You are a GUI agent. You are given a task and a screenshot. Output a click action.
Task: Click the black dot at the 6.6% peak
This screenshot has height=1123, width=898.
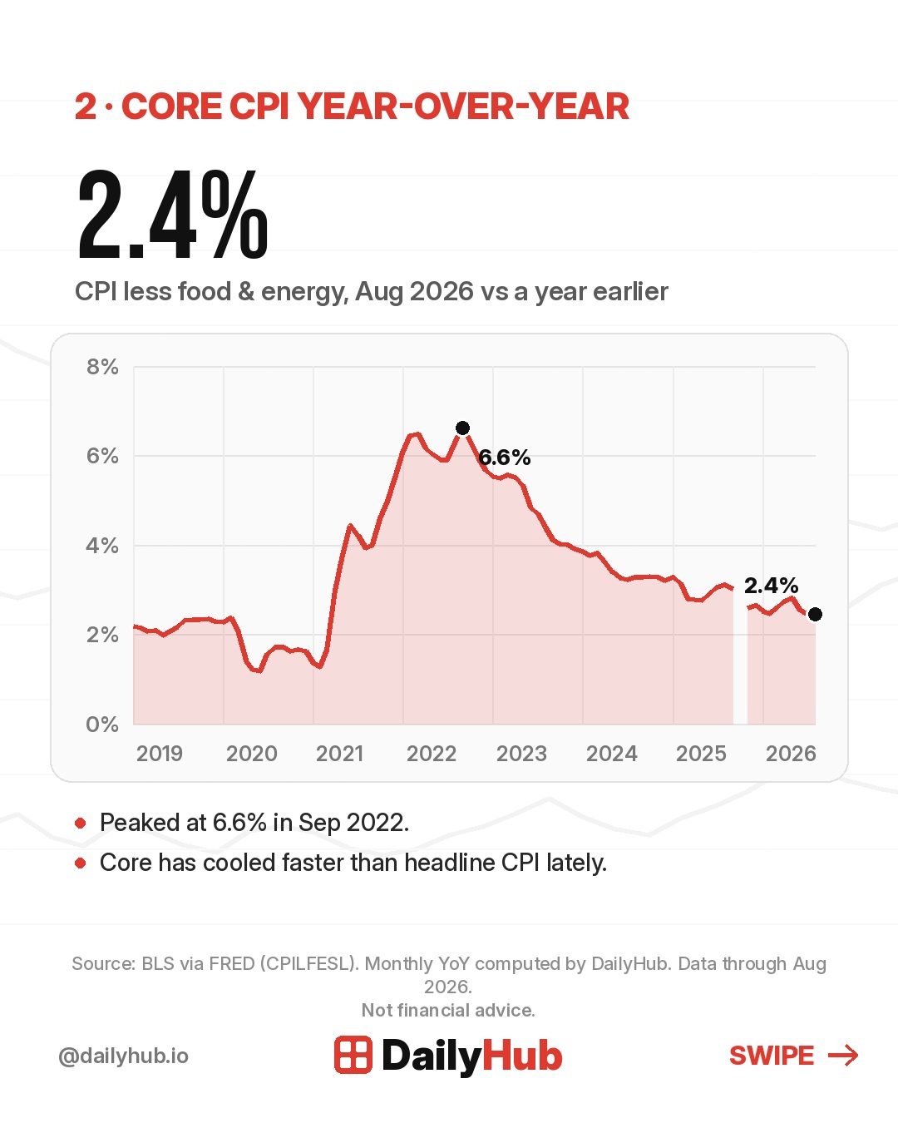[x=462, y=428]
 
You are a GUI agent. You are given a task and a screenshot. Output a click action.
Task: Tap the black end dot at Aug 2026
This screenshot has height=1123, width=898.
[x=815, y=614]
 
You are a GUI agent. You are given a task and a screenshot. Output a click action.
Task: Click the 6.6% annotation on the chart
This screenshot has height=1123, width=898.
[x=504, y=458]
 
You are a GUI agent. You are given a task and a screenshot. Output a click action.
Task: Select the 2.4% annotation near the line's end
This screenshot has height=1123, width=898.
[x=771, y=585]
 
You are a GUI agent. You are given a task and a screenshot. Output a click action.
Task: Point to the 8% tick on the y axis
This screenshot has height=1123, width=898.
[x=102, y=367]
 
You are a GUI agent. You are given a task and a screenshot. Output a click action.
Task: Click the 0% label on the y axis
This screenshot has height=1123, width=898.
[x=102, y=725]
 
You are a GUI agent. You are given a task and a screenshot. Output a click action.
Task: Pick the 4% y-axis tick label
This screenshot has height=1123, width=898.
[x=102, y=546]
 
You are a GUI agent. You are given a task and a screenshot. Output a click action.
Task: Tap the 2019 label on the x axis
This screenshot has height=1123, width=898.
[x=159, y=754]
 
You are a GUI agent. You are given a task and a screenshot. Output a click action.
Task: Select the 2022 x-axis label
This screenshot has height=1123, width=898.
[x=432, y=754]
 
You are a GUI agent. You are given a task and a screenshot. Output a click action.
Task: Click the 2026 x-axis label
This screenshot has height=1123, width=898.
[x=791, y=754]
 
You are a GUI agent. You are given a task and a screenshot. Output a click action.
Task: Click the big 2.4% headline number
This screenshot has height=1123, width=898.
[x=173, y=215]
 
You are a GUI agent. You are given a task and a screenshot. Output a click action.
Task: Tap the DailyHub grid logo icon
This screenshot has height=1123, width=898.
[x=353, y=1055]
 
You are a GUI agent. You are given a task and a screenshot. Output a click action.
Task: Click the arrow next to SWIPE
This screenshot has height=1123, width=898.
[x=843, y=1055]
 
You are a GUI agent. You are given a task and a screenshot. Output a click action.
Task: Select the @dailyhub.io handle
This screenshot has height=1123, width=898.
[x=123, y=1056]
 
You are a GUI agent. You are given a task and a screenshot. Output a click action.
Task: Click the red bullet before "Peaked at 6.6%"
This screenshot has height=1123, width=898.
[x=81, y=823]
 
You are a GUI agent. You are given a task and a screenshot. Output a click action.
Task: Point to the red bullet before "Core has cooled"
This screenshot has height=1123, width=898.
[x=81, y=863]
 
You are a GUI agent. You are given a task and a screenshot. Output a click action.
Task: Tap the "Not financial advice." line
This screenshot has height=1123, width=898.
[x=449, y=1010]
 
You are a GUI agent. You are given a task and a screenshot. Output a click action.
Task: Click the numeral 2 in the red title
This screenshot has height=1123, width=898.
[x=86, y=106]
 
